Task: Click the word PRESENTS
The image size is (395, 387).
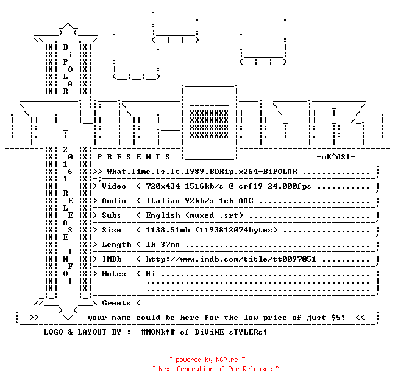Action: [133, 157]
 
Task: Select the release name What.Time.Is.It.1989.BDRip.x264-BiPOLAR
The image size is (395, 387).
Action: [202, 172]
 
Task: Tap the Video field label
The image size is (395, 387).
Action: [114, 186]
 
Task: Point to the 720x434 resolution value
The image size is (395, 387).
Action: [163, 186]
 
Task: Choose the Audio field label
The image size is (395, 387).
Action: [114, 201]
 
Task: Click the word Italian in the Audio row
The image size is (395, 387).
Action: [163, 201]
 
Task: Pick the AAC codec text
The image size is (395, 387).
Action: [246, 201]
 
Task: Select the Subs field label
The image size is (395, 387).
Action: [112, 215]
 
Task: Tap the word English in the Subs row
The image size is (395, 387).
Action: [163, 215]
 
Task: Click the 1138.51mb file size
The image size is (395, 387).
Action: [168, 230]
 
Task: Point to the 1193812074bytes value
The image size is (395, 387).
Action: [236, 230]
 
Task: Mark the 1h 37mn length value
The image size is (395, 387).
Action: [163, 245]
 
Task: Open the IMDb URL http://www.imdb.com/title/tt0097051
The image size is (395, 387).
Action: [231, 259]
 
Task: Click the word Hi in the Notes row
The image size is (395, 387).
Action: [151, 274]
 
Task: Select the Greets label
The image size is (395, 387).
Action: [116, 303]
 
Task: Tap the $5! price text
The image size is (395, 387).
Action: [338, 318]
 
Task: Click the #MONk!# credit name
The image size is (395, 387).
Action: [158, 332]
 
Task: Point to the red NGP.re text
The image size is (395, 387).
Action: [227, 360]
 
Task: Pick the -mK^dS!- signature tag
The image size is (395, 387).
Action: [336, 157]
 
